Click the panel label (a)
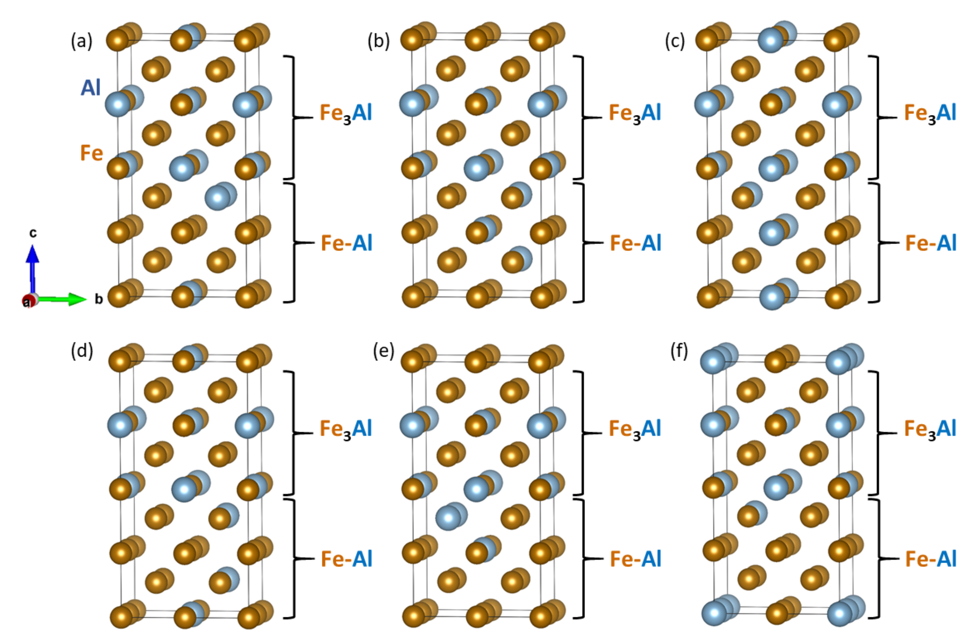tap(81, 42)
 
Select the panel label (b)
tap(378, 42)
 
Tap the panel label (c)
tap(675, 42)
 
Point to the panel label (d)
tap(81, 351)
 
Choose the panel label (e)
tap(383, 351)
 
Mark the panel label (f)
tap(679, 351)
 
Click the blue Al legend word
tap(90, 87)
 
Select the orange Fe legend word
tap(91, 153)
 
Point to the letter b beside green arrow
tap(99, 299)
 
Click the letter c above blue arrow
tap(33, 233)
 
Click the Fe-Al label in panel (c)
tap(931, 243)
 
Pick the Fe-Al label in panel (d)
tap(346, 559)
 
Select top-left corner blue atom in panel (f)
tap(713, 362)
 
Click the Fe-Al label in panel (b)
tap(635, 243)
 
